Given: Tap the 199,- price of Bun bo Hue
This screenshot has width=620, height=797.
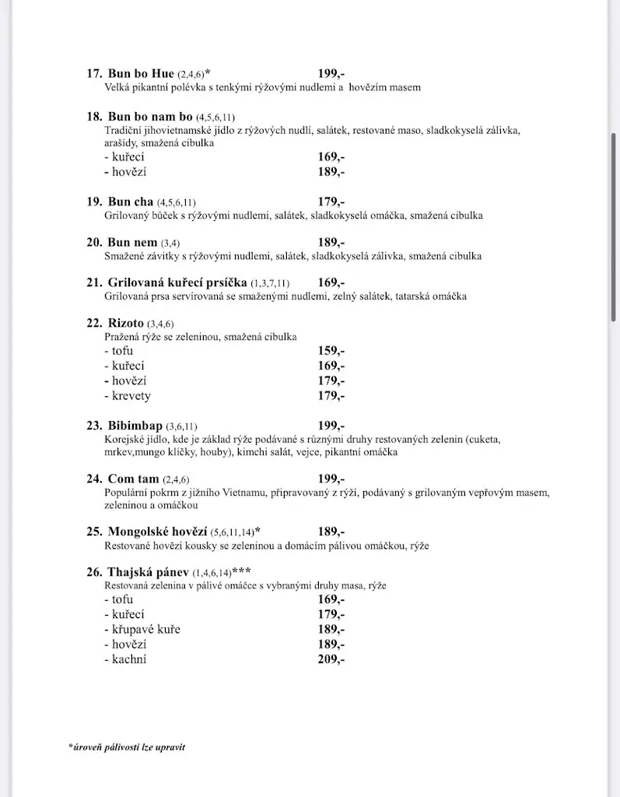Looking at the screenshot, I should click(331, 74).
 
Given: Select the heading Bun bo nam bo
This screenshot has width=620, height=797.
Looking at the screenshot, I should click(149, 117).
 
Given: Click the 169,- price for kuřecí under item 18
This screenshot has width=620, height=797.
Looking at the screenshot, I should click(331, 156).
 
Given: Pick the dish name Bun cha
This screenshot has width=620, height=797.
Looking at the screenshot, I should click(131, 202).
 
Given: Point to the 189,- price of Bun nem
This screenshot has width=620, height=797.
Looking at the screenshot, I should click(331, 242).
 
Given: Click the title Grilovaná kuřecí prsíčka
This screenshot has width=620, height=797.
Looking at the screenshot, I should click(177, 283).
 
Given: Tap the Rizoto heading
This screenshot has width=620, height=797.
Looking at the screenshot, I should click(126, 323).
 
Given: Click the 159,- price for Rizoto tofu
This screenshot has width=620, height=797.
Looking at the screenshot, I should click(331, 351).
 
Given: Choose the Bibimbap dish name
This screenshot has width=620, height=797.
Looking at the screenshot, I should click(135, 426).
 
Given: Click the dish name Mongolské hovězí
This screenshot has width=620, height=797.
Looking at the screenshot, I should click(159, 532).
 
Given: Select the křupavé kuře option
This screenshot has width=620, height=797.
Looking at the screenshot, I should click(142, 629).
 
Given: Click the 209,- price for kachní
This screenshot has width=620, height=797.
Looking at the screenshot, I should click(331, 659).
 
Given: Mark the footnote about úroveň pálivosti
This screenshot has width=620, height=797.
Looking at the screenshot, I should click(127, 747).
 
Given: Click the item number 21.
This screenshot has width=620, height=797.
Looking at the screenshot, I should click(94, 283).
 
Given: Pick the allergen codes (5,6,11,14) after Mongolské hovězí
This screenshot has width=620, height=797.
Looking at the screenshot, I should click(233, 532).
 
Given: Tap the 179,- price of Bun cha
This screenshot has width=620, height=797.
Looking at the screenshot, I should click(331, 202).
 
